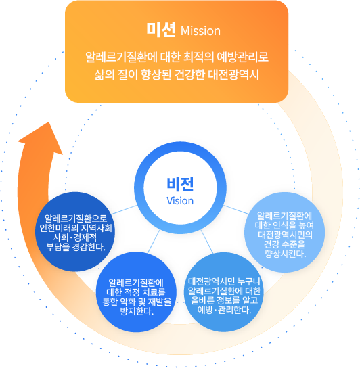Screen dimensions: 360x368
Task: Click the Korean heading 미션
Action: pyautogui.click(x=161, y=30)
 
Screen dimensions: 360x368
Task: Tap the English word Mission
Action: pyautogui.click(x=200, y=31)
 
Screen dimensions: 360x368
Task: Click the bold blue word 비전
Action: pyautogui.click(x=180, y=184)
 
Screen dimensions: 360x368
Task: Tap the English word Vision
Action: pyautogui.click(x=180, y=201)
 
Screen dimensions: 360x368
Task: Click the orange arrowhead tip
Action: pyautogui.click(x=49, y=122)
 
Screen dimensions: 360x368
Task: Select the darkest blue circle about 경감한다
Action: pyautogui.click(x=75, y=231)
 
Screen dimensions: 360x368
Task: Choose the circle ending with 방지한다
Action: pyautogui.click(x=136, y=292)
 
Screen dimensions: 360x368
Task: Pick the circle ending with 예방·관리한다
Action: pyautogui.click(x=224, y=292)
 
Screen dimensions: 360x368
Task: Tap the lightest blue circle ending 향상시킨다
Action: pyautogui.click(x=285, y=232)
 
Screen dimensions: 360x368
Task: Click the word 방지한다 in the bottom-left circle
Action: pyautogui.click(x=137, y=311)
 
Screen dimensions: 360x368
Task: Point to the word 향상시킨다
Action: pyautogui.click(x=286, y=254)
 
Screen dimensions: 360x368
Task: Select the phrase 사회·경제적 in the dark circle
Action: pyautogui.click(x=75, y=237)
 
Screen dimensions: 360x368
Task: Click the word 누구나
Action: pyautogui.click(x=249, y=281)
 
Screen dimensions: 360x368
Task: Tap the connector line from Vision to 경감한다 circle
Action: pyautogui.click(x=125, y=210)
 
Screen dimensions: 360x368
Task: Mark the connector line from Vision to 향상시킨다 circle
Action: pyautogui.click(x=235, y=209)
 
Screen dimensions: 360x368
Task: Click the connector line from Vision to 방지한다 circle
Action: pyautogui.click(x=154, y=241)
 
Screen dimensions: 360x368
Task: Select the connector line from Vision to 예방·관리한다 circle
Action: pyautogui.click(x=207, y=241)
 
